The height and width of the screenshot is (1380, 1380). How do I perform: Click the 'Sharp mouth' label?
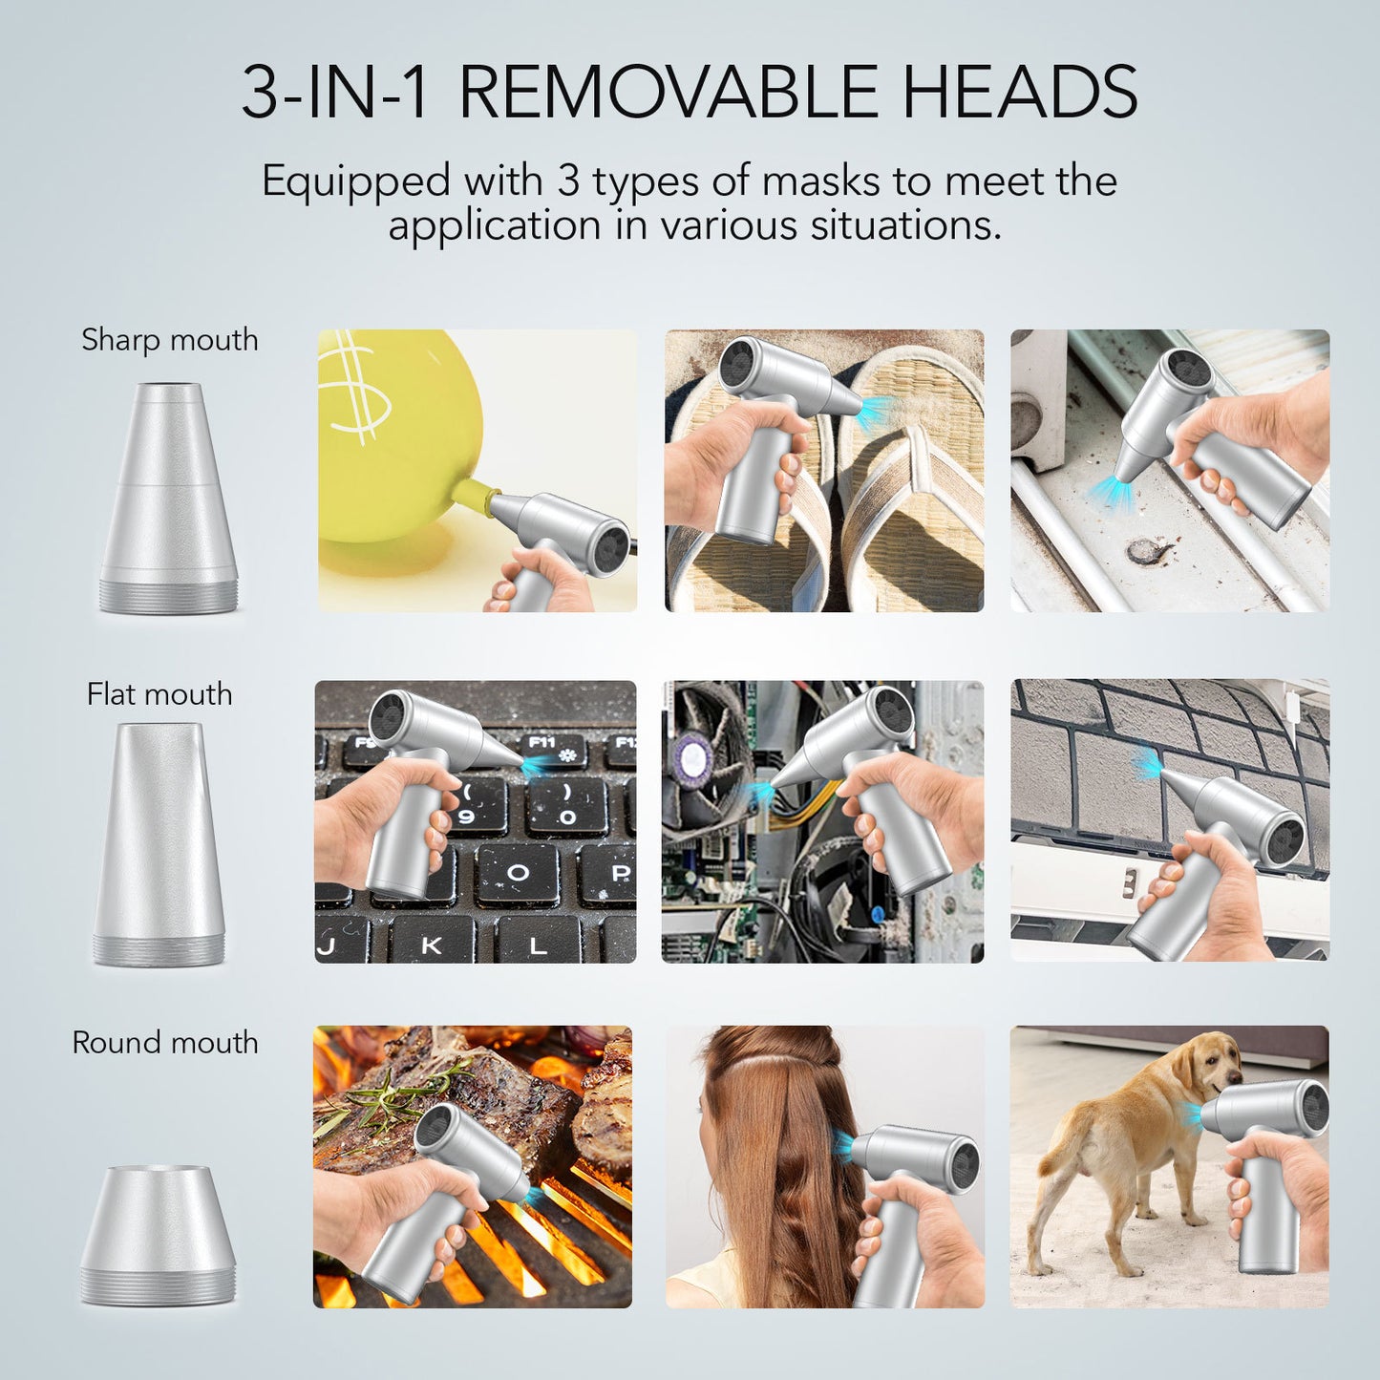click(x=170, y=340)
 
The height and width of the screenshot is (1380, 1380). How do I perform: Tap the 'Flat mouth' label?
click(x=159, y=694)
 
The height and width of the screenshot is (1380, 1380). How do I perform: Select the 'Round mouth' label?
click(x=165, y=1043)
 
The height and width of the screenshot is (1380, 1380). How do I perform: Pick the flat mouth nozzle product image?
click(x=159, y=844)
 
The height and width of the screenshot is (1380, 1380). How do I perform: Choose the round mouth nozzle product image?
click(x=157, y=1235)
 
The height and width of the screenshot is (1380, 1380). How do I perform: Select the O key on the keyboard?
click(x=519, y=873)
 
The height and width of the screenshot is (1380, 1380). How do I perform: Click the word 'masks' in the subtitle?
click(x=820, y=180)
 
